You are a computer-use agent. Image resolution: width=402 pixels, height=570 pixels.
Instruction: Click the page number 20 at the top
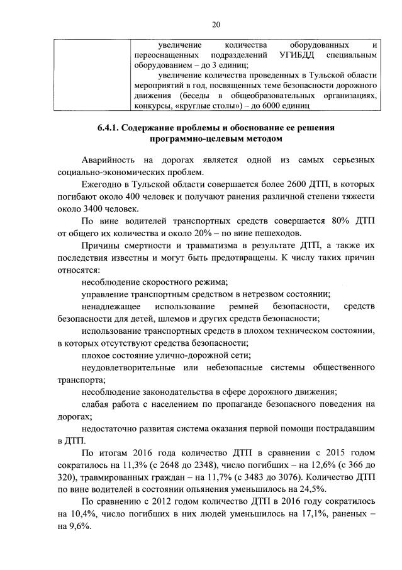(216, 25)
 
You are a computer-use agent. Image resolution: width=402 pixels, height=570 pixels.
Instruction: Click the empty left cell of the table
(91, 74)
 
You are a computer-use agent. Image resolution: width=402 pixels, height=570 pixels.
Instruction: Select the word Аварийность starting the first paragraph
(108, 161)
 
